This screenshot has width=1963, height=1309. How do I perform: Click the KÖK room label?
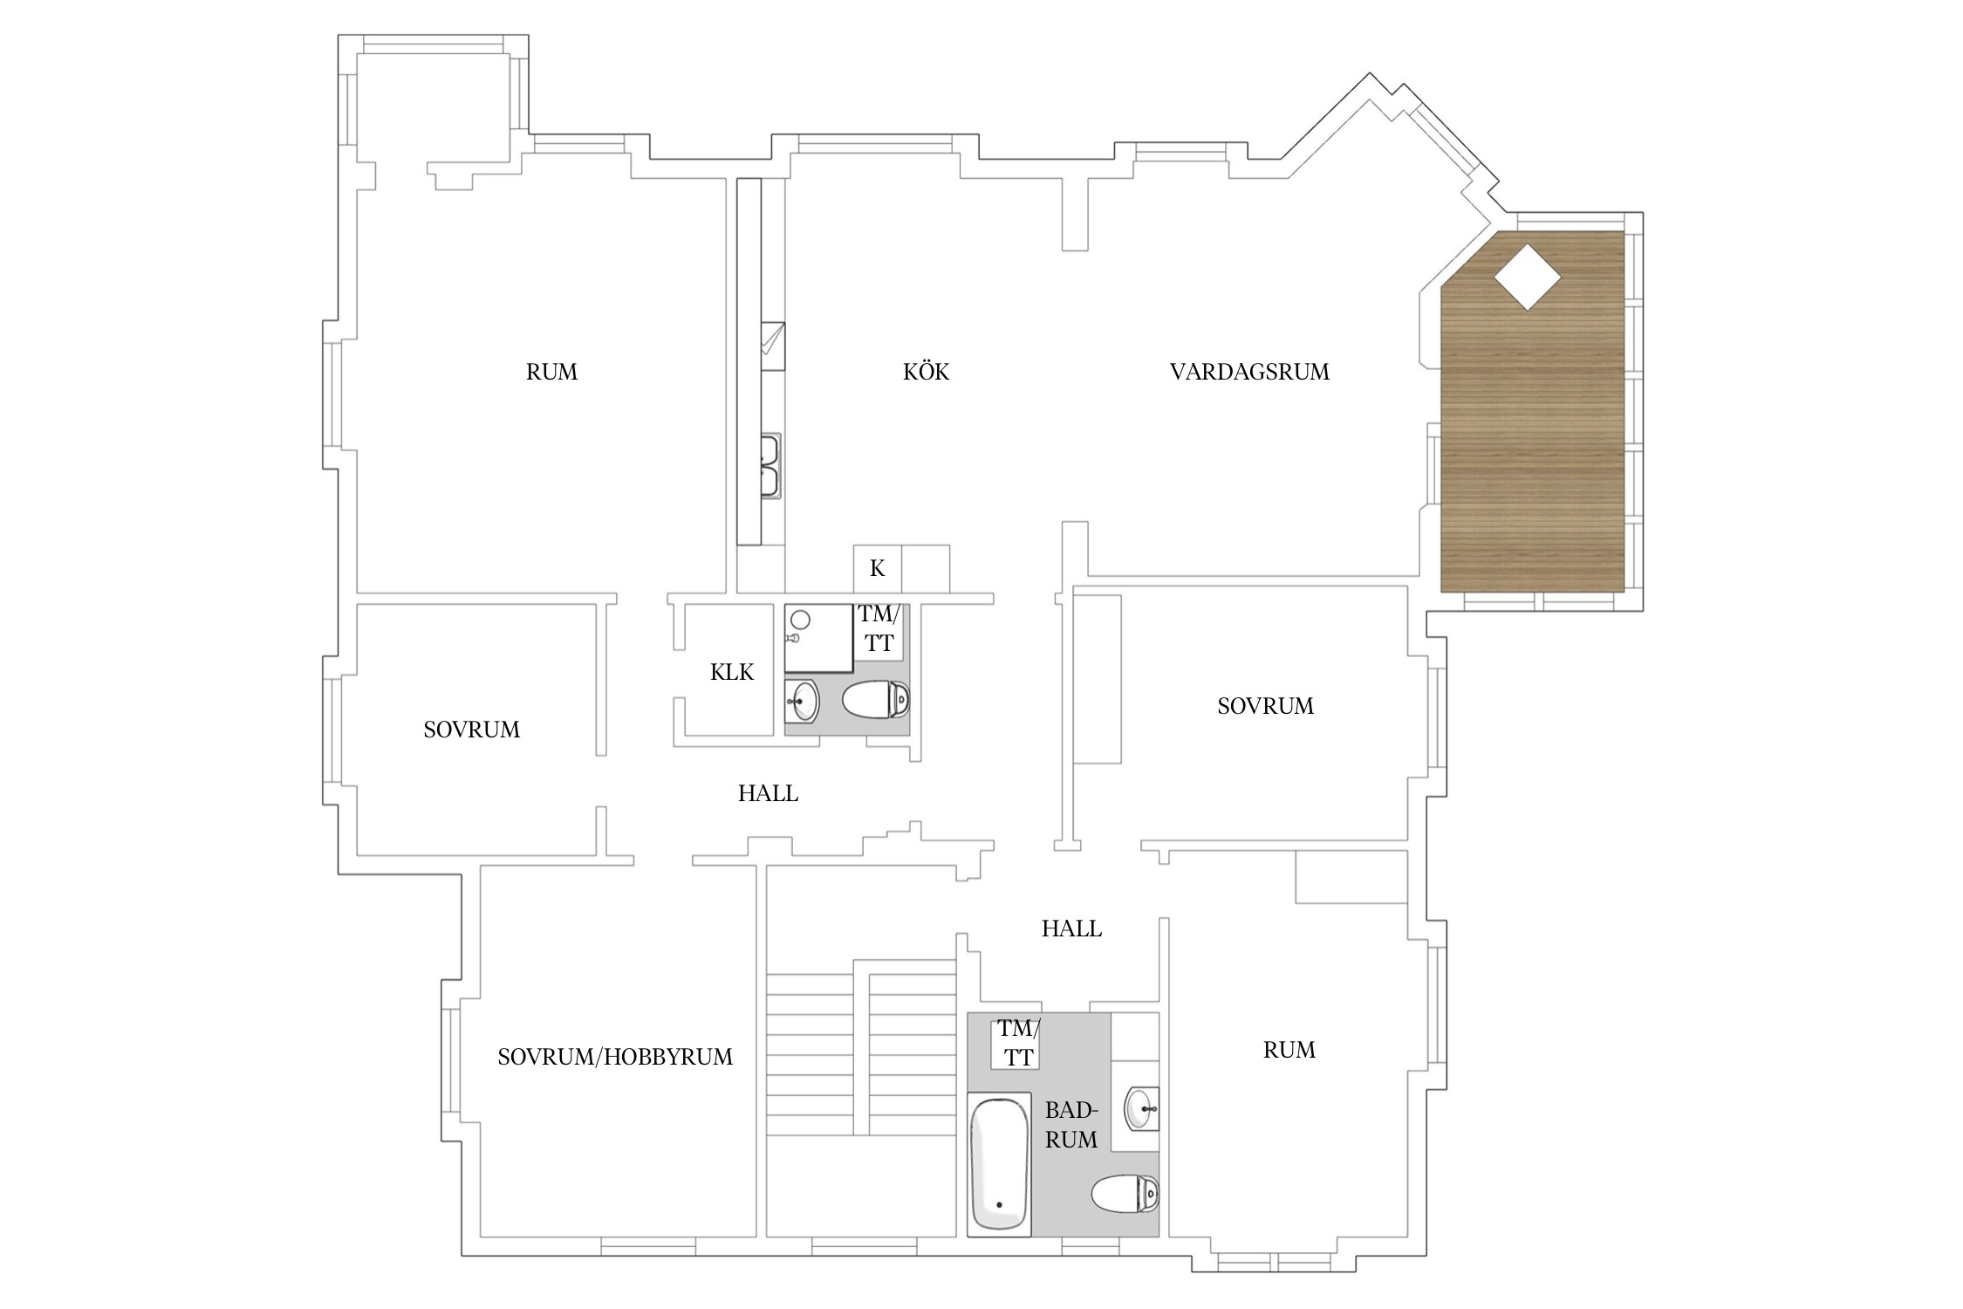tap(926, 372)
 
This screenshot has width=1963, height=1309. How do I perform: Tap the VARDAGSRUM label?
tap(1249, 372)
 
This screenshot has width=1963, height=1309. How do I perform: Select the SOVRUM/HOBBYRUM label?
tap(615, 1057)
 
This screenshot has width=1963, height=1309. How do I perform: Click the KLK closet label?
tap(732, 672)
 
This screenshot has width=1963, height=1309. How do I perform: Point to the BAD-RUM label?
tap(1071, 1125)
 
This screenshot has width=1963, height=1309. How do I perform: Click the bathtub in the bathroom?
tap(1000, 1166)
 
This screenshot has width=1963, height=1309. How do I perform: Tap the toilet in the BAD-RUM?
tap(1125, 1194)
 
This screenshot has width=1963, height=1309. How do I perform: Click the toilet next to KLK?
tap(876, 700)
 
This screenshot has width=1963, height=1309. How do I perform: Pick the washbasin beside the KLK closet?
tap(802, 700)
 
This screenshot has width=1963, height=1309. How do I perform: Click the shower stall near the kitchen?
tap(818, 638)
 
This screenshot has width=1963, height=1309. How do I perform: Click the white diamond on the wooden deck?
tap(1527, 278)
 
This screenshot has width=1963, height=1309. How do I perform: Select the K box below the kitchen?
tap(877, 569)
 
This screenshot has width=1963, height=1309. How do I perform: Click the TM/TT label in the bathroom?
tap(1018, 1043)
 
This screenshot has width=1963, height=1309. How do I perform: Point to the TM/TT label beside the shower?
tap(879, 628)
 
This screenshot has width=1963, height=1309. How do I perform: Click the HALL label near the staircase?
tap(1071, 929)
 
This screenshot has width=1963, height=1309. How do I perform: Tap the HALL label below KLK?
tap(768, 793)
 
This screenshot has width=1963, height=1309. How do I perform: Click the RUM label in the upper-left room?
tap(551, 372)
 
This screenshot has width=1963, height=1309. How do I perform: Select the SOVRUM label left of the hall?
tap(471, 730)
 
